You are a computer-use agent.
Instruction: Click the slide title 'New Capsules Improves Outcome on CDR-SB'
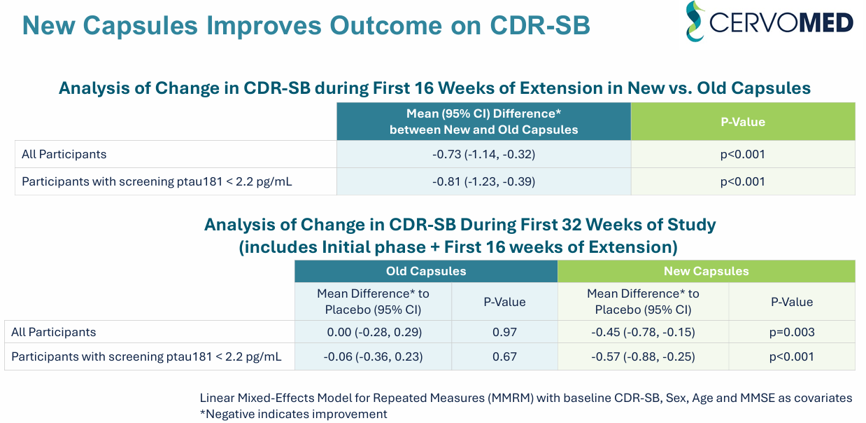click(x=306, y=26)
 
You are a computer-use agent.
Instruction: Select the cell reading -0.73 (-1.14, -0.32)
click(x=483, y=154)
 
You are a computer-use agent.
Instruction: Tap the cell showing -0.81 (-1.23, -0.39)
click(x=483, y=181)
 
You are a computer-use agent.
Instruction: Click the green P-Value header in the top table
click(x=743, y=122)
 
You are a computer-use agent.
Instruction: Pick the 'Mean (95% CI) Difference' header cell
click(x=483, y=122)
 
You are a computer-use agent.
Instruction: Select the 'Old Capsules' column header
click(x=425, y=271)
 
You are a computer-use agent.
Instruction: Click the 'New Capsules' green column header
click(x=706, y=271)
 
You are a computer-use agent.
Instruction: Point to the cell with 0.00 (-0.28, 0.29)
click(x=373, y=332)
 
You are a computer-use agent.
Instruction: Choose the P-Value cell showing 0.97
click(x=504, y=332)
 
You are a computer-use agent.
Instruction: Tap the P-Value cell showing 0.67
click(x=504, y=356)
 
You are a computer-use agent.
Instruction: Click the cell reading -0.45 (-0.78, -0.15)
click(x=643, y=332)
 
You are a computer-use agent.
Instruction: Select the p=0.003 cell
click(x=791, y=332)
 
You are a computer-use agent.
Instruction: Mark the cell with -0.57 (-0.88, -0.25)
click(x=643, y=356)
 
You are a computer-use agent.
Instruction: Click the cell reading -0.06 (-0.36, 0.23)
click(x=373, y=356)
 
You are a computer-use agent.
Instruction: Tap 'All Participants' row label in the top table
click(x=64, y=154)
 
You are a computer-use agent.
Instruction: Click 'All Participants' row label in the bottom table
click(x=54, y=332)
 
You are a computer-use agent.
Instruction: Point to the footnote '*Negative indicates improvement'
click(x=293, y=413)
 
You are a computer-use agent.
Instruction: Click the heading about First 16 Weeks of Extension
click(x=434, y=88)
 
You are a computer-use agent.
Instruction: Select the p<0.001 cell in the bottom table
click(x=791, y=356)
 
